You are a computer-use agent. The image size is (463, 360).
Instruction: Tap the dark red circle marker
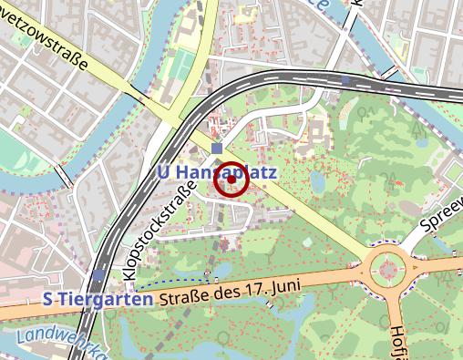pos(231,180)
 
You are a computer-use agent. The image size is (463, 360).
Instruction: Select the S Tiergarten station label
pos(98,299)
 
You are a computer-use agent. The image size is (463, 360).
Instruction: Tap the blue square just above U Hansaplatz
pos(216,149)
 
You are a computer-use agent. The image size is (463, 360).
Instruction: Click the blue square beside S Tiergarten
pos(98,274)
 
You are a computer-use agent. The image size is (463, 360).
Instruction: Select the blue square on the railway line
pos(345,80)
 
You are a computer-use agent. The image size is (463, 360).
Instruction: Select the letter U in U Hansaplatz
pos(164,171)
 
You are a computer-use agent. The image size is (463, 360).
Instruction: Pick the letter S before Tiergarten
pos(48,299)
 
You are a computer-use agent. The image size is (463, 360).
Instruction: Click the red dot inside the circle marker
pos(231,180)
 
